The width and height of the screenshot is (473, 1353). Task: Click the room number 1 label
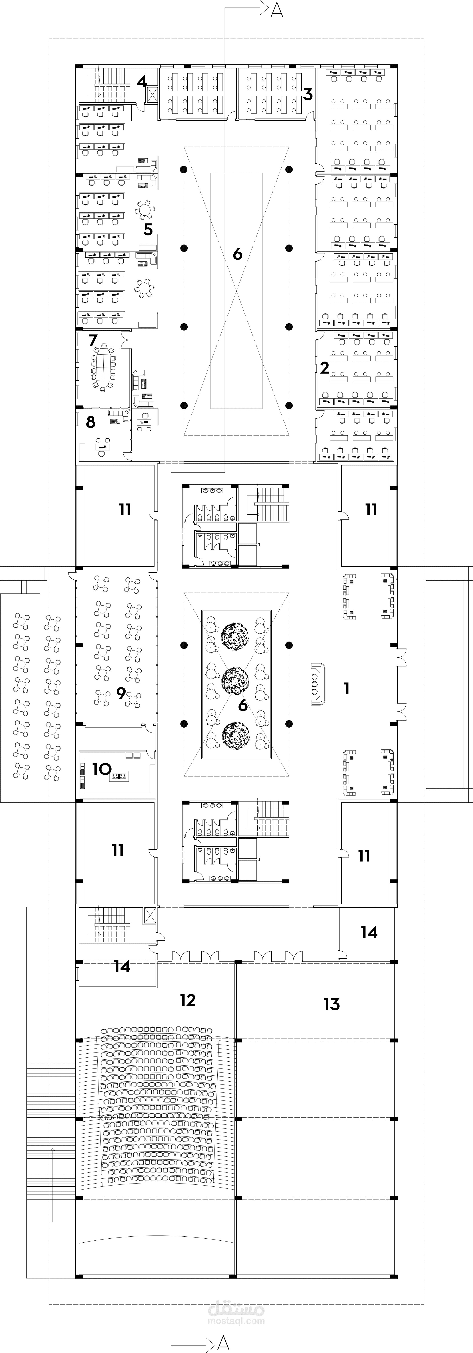pos(346,688)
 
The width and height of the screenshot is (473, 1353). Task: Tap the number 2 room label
pos(325,368)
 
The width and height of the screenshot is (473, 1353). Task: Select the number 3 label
pos(308,95)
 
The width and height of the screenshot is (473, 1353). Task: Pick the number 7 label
pos(93,340)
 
